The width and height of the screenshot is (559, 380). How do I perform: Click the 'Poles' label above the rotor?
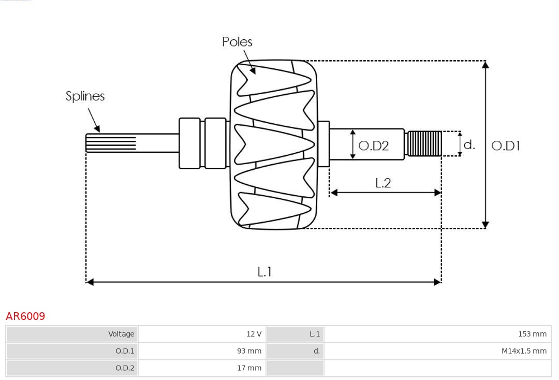click(237, 42)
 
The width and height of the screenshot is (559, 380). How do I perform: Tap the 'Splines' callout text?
click(85, 96)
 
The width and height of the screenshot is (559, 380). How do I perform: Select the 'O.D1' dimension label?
click(505, 146)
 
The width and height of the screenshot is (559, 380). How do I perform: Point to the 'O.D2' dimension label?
click(373, 146)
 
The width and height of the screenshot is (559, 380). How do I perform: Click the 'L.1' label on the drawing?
click(264, 272)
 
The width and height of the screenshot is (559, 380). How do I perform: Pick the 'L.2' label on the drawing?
click(383, 183)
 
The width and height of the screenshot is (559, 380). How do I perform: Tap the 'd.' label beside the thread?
click(469, 144)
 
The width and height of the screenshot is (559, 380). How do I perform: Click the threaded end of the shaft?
click(424, 144)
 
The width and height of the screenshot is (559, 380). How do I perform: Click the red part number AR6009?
click(25, 316)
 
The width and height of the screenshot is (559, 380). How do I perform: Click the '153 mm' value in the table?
click(532, 334)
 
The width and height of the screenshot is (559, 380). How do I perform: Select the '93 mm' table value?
click(249, 351)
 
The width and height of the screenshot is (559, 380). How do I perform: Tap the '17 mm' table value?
click(249, 368)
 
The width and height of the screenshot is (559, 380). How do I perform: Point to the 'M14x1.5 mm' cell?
click(524, 351)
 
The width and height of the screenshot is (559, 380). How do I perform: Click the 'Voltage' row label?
click(121, 334)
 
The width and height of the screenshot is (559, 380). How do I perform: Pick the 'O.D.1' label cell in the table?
click(125, 351)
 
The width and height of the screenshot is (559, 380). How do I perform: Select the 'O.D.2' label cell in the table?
click(125, 368)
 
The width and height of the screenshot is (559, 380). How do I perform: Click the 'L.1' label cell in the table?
click(315, 334)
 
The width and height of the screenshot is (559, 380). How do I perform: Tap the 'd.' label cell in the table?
click(317, 351)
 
